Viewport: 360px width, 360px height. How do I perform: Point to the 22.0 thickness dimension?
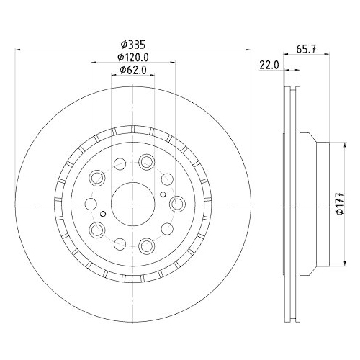point(269,65)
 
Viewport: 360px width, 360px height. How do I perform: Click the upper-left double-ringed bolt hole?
point(97,176)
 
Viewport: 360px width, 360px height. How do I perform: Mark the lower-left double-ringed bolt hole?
point(97,229)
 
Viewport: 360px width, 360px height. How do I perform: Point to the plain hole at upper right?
point(166,176)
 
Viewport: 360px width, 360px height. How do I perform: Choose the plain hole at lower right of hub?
point(166,229)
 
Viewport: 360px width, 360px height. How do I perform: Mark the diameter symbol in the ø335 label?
point(122,44)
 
